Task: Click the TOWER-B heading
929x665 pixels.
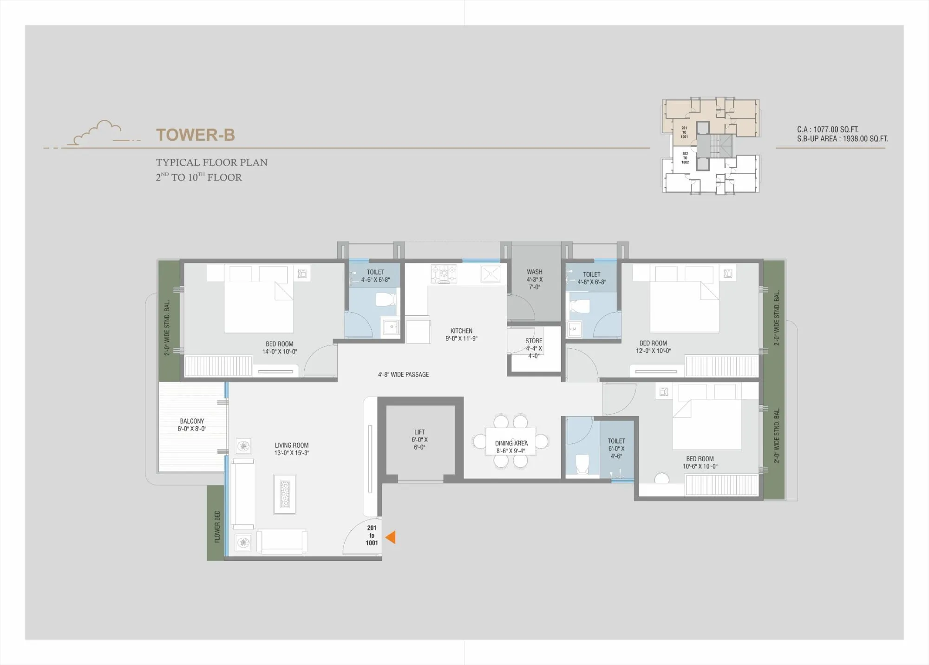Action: click(x=196, y=135)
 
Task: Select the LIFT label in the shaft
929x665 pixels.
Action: click(x=419, y=439)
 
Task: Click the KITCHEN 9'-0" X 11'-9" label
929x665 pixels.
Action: click(x=461, y=335)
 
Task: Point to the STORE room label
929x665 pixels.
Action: click(x=534, y=348)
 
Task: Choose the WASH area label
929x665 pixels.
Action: click(x=534, y=279)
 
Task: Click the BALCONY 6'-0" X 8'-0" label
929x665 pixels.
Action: click(x=192, y=425)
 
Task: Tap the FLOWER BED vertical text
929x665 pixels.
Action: click(x=217, y=527)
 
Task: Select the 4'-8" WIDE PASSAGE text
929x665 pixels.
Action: click(x=403, y=374)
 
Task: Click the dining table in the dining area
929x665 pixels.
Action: click(x=510, y=441)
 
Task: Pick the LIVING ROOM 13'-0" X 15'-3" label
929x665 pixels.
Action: click(x=292, y=449)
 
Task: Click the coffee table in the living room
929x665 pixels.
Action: click(x=285, y=494)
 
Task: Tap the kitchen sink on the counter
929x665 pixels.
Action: click(x=491, y=274)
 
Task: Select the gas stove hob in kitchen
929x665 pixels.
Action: click(x=444, y=274)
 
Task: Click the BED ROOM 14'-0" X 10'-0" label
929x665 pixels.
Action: click(x=280, y=348)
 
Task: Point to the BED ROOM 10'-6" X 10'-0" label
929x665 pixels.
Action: click(x=700, y=463)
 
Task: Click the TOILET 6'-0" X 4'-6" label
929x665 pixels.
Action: click(x=616, y=448)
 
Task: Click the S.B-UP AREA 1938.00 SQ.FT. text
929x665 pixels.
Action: click(x=842, y=139)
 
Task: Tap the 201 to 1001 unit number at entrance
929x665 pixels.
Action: click(x=372, y=535)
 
